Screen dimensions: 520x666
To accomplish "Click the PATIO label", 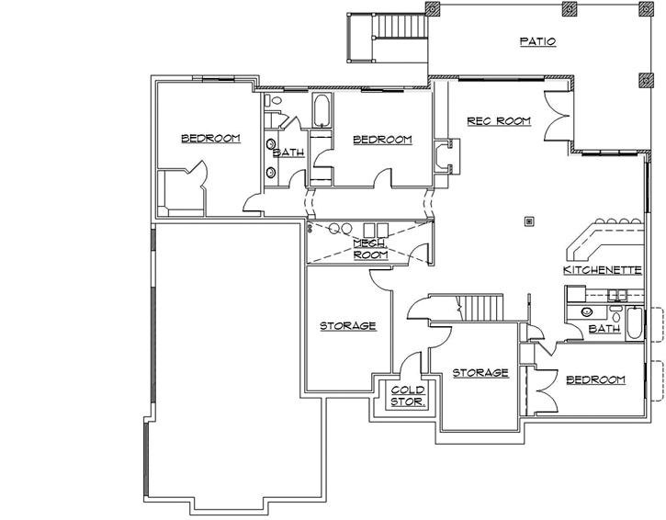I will (537, 41).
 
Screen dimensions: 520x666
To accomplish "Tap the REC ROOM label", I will (499, 120).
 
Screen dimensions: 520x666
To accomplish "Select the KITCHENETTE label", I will (602, 270).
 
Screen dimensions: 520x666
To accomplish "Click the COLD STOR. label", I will (407, 395).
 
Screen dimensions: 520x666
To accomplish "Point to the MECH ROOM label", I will (370, 248).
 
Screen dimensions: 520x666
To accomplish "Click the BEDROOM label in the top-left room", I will (210, 138).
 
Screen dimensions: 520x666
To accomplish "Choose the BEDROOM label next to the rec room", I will (382, 139).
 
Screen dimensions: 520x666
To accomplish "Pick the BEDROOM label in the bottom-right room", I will (595, 379).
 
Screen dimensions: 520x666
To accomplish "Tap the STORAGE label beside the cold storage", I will (480, 372).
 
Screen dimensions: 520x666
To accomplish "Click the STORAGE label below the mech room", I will (347, 325).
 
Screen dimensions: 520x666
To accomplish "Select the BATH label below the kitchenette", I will (604, 328).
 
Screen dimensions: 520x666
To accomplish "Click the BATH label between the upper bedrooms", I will (288, 153).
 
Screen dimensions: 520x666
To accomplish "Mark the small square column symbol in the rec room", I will (528, 220).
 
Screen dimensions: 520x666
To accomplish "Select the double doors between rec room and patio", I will (559, 116).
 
